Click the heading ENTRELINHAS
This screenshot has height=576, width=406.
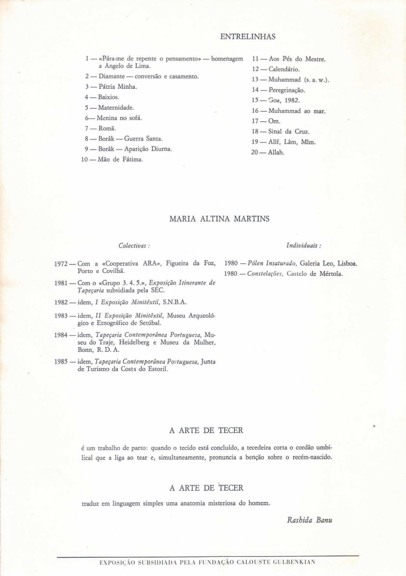coord(248,37)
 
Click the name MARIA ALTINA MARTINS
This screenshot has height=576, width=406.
coord(219,219)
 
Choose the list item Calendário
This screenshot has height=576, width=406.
coord(284,69)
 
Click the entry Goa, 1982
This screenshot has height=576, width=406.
coord(284,100)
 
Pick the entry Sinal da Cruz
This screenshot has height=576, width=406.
coord(289,131)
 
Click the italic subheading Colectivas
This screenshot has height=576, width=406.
coord(134,246)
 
